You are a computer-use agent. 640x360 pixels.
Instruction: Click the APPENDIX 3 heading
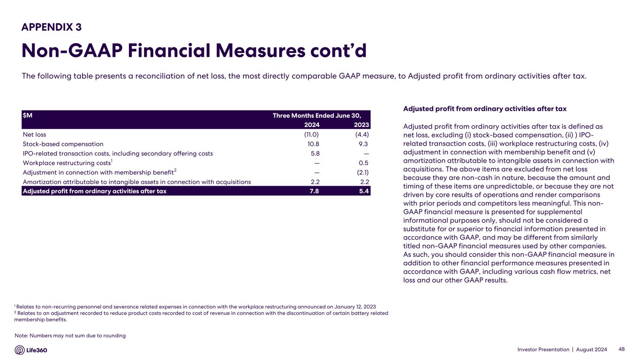pyautogui.click(x=52, y=27)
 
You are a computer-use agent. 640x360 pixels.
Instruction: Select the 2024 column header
pyautogui.click(x=311, y=125)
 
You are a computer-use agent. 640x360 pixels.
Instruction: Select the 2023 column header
pyautogui.click(x=361, y=125)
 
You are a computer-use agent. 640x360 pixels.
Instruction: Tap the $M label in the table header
pyautogui.click(x=27, y=115)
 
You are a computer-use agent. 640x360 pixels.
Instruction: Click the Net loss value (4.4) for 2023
pyautogui.click(x=361, y=135)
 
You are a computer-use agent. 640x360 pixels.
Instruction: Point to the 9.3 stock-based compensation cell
pyautogui.click(x=363, y=144)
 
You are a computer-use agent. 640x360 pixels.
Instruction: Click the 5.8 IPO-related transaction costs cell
pyautogui.click(x=315, y=153)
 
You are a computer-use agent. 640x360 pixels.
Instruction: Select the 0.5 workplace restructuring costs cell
pyautogui.click(x=364, y=163)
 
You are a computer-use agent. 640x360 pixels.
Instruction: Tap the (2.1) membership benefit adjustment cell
pyautogui.click(x=361, y=172)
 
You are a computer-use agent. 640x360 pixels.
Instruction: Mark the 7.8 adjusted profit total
pyautogui.click(x=314, y=191)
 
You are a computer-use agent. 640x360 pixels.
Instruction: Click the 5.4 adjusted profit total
pyautogui.click(x=364, y=191)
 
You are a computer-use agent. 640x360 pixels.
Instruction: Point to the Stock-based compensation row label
pyautogui.click(x=63, y=144)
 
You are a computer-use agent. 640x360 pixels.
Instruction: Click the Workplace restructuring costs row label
pyautogui.click(x=67, y=163)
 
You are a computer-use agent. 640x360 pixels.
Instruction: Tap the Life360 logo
pyautogui.click(x=31, y=350)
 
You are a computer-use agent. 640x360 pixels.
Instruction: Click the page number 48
pyautogui.click(x=622, y=349)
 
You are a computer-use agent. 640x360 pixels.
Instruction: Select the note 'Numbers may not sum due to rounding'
pyautogui.click(x=70, y=336)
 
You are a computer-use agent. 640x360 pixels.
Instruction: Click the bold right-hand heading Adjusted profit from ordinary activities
pyautogui.click(x=484, y=109)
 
